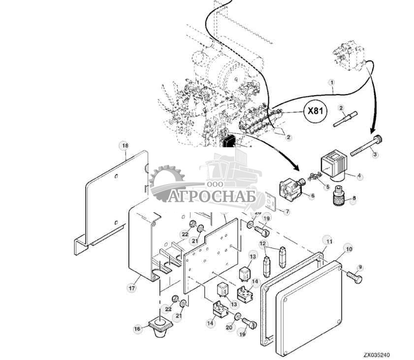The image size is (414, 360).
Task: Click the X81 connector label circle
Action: tap(315, 111)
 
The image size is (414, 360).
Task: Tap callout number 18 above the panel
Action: tap(125, 146)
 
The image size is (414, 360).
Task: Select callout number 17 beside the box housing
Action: tap(131, 288)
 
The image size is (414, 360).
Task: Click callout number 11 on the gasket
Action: tap(328, 241)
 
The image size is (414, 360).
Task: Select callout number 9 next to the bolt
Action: tap(360, 267)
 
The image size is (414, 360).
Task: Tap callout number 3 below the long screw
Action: tap(375, 155)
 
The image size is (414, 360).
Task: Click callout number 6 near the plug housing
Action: tap(312, 196)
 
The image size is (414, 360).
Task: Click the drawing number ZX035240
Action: tap(378, 355)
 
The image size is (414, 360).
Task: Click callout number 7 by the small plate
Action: tap(287, 211)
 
